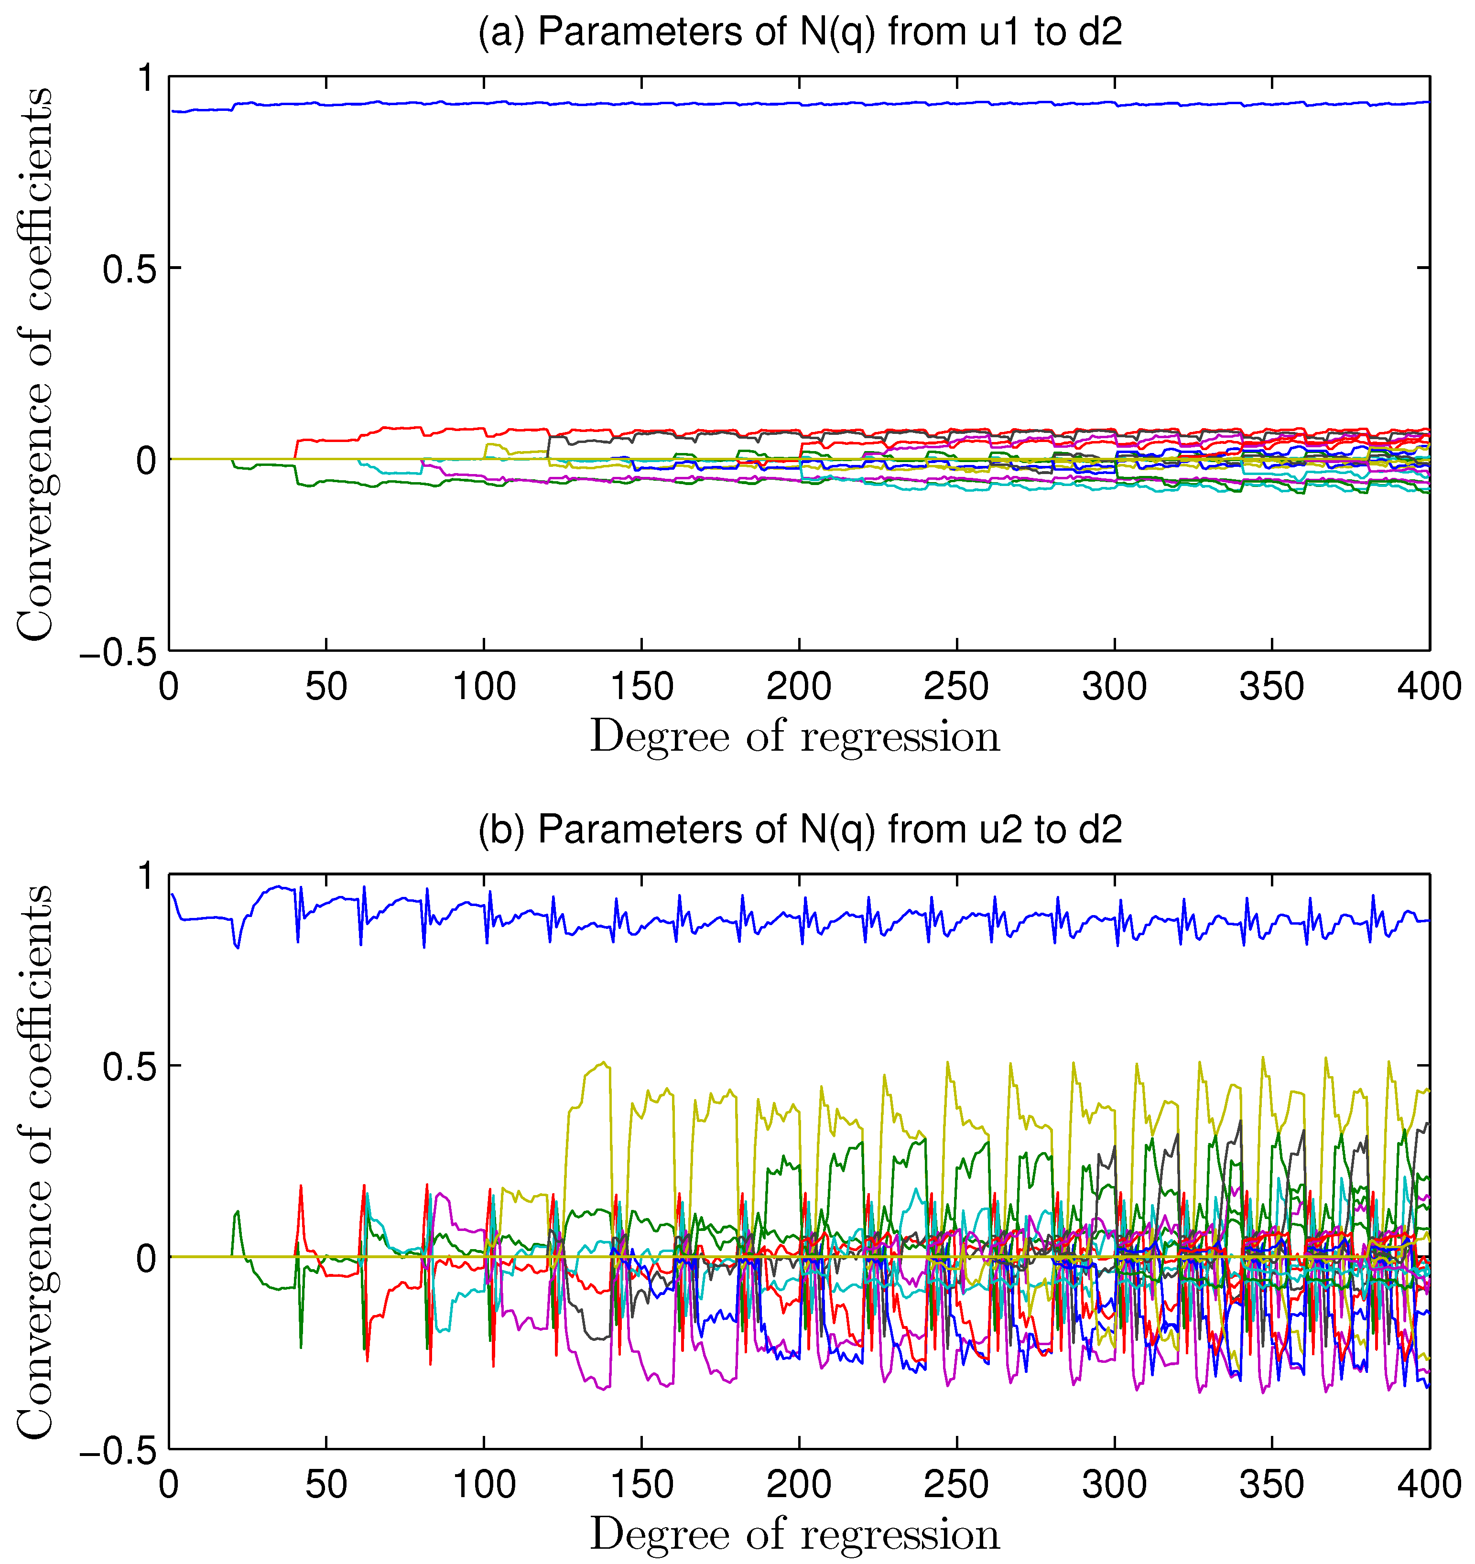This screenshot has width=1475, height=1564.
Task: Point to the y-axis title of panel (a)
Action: click(x=35, y=364)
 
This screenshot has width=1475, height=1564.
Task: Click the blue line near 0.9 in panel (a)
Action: click(x=787, y=103)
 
